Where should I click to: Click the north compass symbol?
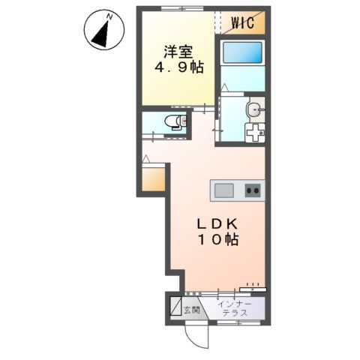[x=102, y=31]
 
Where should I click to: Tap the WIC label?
[x=241, y=22]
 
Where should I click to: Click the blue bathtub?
[x=241, y=53]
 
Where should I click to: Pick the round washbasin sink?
[x=256, y=109]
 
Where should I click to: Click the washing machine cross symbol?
[x=254, y=133]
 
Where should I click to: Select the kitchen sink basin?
[x=223, y=190]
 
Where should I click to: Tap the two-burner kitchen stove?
[x=252, y=190]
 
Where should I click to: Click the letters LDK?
[x=217, y=224]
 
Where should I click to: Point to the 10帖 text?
[x=217, y=241]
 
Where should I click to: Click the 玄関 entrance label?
[x=192, y=309]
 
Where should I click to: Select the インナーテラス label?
[x=235, y=308]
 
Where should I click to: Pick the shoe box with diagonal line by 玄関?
[x=174, y=308]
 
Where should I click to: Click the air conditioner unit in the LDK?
[x=253, y=286]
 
